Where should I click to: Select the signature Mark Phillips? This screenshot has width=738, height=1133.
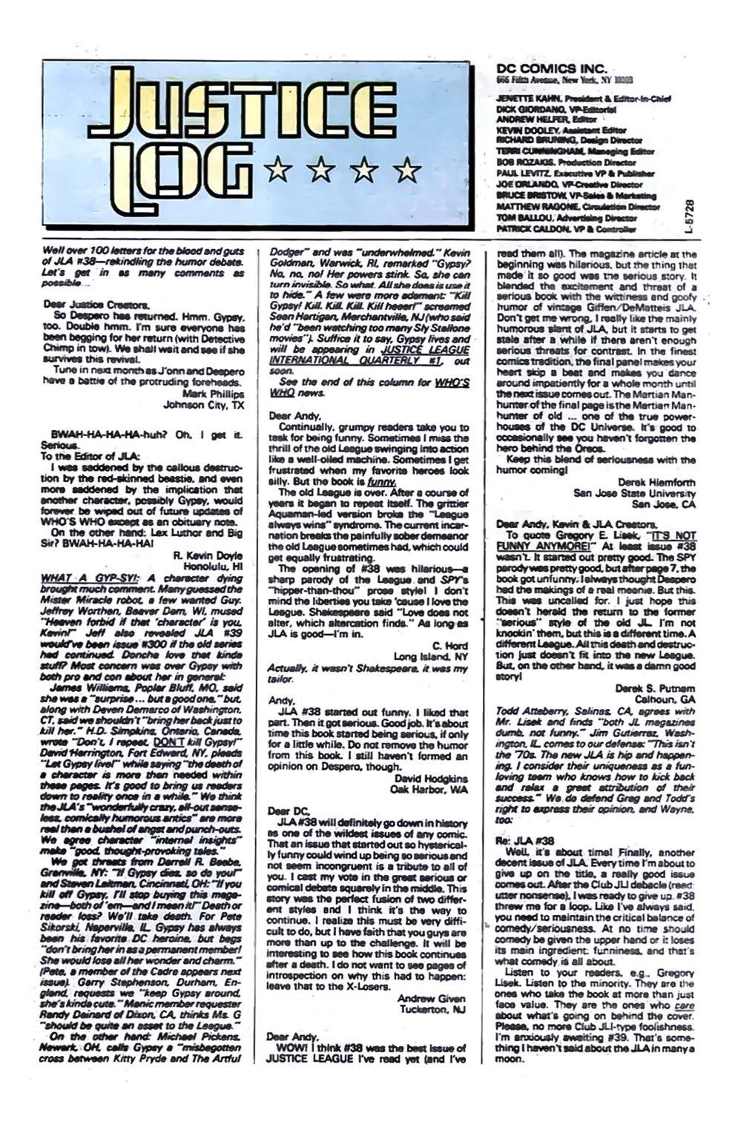(211, 394)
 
